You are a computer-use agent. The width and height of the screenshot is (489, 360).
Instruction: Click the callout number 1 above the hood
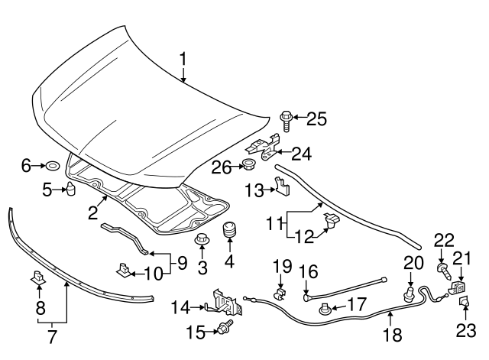pyautogui.click(x=183, y=59)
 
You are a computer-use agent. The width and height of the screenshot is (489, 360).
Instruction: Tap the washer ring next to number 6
pyautogui.click(x=53, y=164)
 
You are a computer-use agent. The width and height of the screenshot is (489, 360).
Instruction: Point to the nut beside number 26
pyautogui.click(x=248, y=165)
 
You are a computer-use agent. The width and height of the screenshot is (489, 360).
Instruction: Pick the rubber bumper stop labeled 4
pyautogui.click(x=228, y=231)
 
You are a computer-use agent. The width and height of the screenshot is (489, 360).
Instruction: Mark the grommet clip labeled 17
pyautogui.click(x=326, y=309)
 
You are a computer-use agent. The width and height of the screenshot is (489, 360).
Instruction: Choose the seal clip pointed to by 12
pyautogui.click(x=332, y=221)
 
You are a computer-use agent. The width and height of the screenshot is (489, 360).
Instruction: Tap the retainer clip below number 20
pyautogui.click(x=410, y=292)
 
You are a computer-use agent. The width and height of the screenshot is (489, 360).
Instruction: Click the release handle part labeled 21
pyautogui.click(x=459, y=287)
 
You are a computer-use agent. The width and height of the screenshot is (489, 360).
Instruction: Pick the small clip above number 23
pyautogui.click(x=464, y=305)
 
